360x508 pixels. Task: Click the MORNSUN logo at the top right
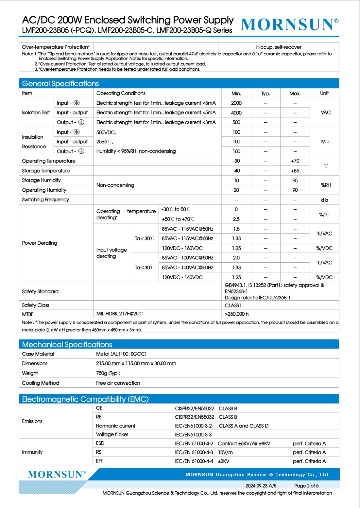pyautogui.click(x=289, y=25)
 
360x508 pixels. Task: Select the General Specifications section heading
pyautogui.click(x=60, y=83)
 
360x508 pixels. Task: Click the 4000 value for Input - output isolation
pyautogui.click(x=236, y=113)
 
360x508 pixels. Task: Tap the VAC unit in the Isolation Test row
pyautogui.click(x=326, y=113)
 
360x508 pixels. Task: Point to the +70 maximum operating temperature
pyautogui.click(x=295, y=161)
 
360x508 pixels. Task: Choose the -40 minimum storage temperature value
pyautogui.click(x=236, y=171)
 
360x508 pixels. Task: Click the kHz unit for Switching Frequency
pyautogui.click(x=324, y=200)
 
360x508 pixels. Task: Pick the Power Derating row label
pyautogui.click(x=40, y=243)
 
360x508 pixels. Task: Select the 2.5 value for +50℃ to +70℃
pyautogui.click(x=236, y=219)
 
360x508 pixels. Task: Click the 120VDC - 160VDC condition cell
pyautogui.click(x=182, y=248)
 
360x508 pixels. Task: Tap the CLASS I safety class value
pyautogui.click(x=233, y=305)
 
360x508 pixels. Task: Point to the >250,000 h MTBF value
pyautogui.click(x=237, y=314)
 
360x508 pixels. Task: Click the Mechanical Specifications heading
pyautogui.click(x=67, y=344)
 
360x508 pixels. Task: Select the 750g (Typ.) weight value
pyautogui.click(x=108, y=373)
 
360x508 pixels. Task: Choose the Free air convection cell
pyautogui.click(x=118, y=383)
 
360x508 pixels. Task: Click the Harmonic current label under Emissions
pyautogui.click(x=116, y=426)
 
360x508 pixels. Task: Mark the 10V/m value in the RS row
pyautogui.click(x=225, y=452)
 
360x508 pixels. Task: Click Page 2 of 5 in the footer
pyautogui.click(x=306, y=486)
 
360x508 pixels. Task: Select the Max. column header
pyautogui.click(x=295, y=94)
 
